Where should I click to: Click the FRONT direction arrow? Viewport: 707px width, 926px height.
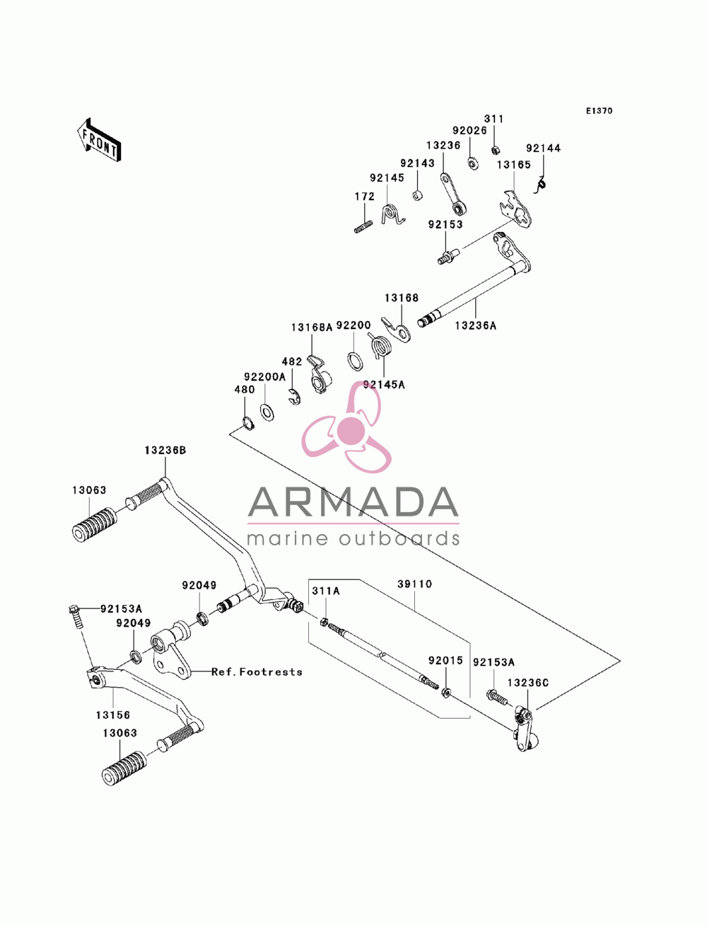[99, 139]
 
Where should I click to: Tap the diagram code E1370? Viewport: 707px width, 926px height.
[599, 111]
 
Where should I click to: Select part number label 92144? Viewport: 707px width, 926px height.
[543, 148]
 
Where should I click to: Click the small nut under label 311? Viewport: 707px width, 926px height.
[496, 149]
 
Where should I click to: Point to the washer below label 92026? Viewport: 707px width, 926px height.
[472, 163]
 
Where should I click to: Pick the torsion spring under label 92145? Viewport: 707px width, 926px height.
[392, 215]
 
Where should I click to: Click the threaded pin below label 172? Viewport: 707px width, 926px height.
[363, 226]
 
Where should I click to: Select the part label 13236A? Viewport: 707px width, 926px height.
[476, 325]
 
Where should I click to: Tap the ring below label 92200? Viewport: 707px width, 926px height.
[355, 360]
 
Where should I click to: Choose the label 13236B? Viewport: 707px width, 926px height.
[165, 451]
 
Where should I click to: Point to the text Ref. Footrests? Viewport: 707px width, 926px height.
[257, 671]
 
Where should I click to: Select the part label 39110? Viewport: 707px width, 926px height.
[415, 584]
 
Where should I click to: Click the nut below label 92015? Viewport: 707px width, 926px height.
[446, 693]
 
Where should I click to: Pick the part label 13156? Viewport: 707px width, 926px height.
[113, 715]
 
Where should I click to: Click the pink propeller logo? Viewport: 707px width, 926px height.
[347, 427]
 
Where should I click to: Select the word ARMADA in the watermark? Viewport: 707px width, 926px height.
[353, 502]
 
